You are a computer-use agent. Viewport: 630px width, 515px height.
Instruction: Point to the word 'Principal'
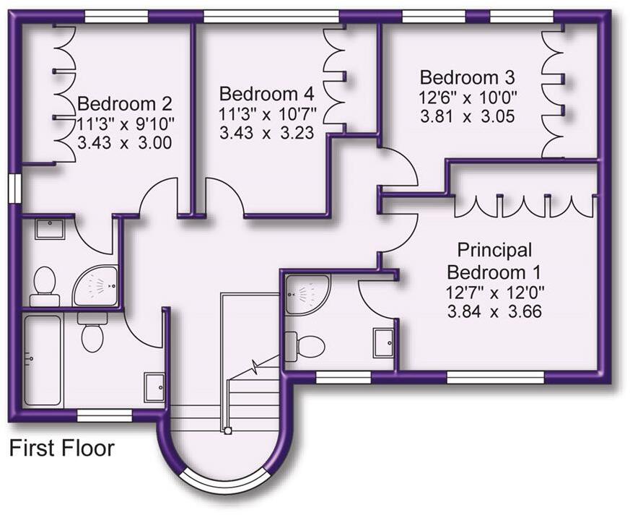coord(494,251)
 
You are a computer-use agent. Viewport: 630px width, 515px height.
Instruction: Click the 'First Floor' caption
coord(61,448)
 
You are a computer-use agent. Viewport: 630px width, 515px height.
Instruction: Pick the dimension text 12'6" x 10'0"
coord(468,97)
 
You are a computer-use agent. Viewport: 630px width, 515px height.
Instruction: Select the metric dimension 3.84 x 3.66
coord(495,311)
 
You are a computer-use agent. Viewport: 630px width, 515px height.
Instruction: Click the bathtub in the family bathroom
coord(43,358)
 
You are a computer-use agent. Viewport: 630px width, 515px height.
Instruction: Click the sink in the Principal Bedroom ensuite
coord(382,342)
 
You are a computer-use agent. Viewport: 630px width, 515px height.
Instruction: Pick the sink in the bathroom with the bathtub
coord(154,386)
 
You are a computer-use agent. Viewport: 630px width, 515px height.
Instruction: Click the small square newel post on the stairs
coord(227,430)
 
